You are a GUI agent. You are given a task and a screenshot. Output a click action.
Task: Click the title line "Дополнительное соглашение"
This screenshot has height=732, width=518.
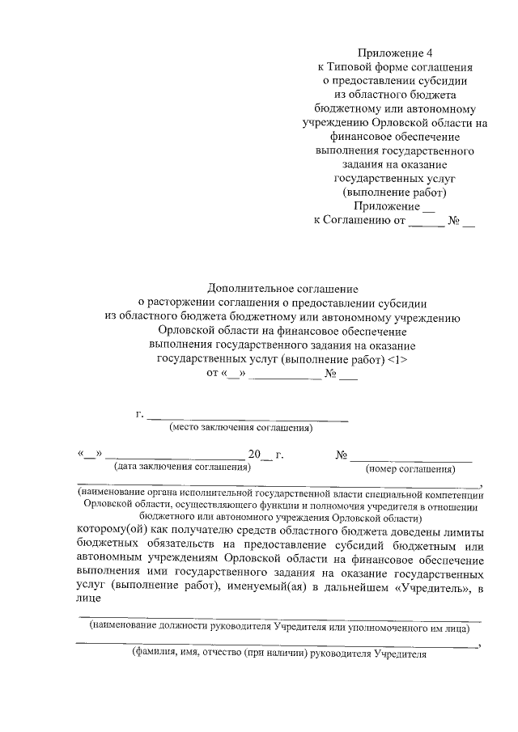282,289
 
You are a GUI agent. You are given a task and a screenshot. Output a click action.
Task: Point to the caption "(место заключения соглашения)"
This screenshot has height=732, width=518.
240,429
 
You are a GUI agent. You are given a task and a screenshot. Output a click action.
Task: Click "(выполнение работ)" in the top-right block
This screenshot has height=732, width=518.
394,193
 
